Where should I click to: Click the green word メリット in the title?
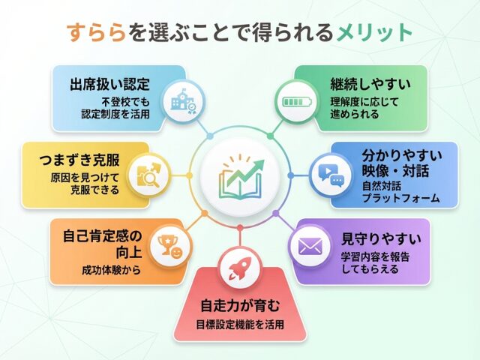click(374, 32)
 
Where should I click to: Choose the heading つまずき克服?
click(80, 160)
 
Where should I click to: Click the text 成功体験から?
click(110, 270)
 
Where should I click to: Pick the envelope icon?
click(310, 246)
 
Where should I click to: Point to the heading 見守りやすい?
click(381, 240)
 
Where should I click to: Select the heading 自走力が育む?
click(239, 306)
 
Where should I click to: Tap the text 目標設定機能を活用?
click(239, 325)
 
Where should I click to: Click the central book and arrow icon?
click(239, 178)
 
